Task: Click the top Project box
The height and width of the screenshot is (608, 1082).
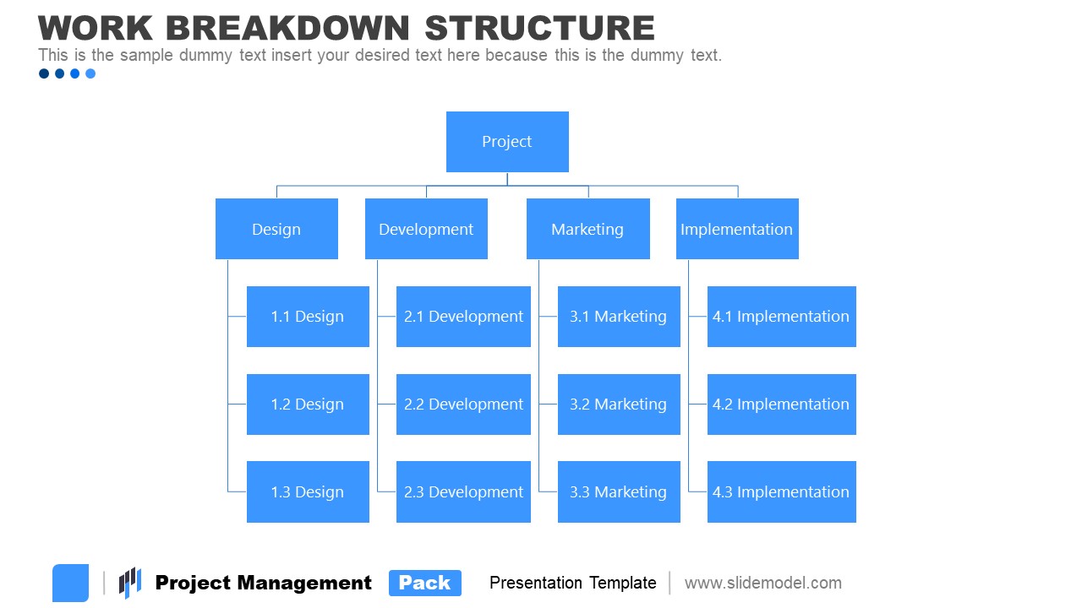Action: (x=507, y=142)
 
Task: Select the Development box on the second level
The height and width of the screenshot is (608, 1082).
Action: (x=426, y=229)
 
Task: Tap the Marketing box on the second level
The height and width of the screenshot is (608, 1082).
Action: (x=587, y=229)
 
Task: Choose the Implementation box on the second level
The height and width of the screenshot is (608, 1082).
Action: (x=737, y=229)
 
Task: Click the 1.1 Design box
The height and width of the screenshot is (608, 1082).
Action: (x=308, y=317)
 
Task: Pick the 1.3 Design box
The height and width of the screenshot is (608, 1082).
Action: (x=308, y=491)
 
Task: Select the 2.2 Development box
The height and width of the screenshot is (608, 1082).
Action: (x=463, y=404)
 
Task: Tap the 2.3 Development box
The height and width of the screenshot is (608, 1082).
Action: (x=463, y=491)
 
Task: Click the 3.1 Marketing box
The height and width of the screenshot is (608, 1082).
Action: (x=619, y=317)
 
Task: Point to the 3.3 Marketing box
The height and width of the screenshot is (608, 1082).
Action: (x=619, y=491)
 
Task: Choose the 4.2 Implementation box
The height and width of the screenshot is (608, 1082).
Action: (x=781, y=404)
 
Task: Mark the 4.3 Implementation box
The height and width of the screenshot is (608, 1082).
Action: (x=781, y=491)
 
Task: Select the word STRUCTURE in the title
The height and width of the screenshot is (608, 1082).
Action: (x=539, y=28)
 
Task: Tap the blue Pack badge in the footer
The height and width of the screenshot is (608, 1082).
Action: (x=425, y=583)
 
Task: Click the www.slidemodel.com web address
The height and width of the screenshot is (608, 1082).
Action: (x=762, y=583)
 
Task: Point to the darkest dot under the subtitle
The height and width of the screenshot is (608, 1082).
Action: (x=44, y=73)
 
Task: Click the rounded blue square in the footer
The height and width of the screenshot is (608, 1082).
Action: (x=70, y=583)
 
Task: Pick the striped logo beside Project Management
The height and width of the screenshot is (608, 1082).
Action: (x=129, y=583)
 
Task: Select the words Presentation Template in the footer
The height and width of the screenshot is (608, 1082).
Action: (x=572, y=583)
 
